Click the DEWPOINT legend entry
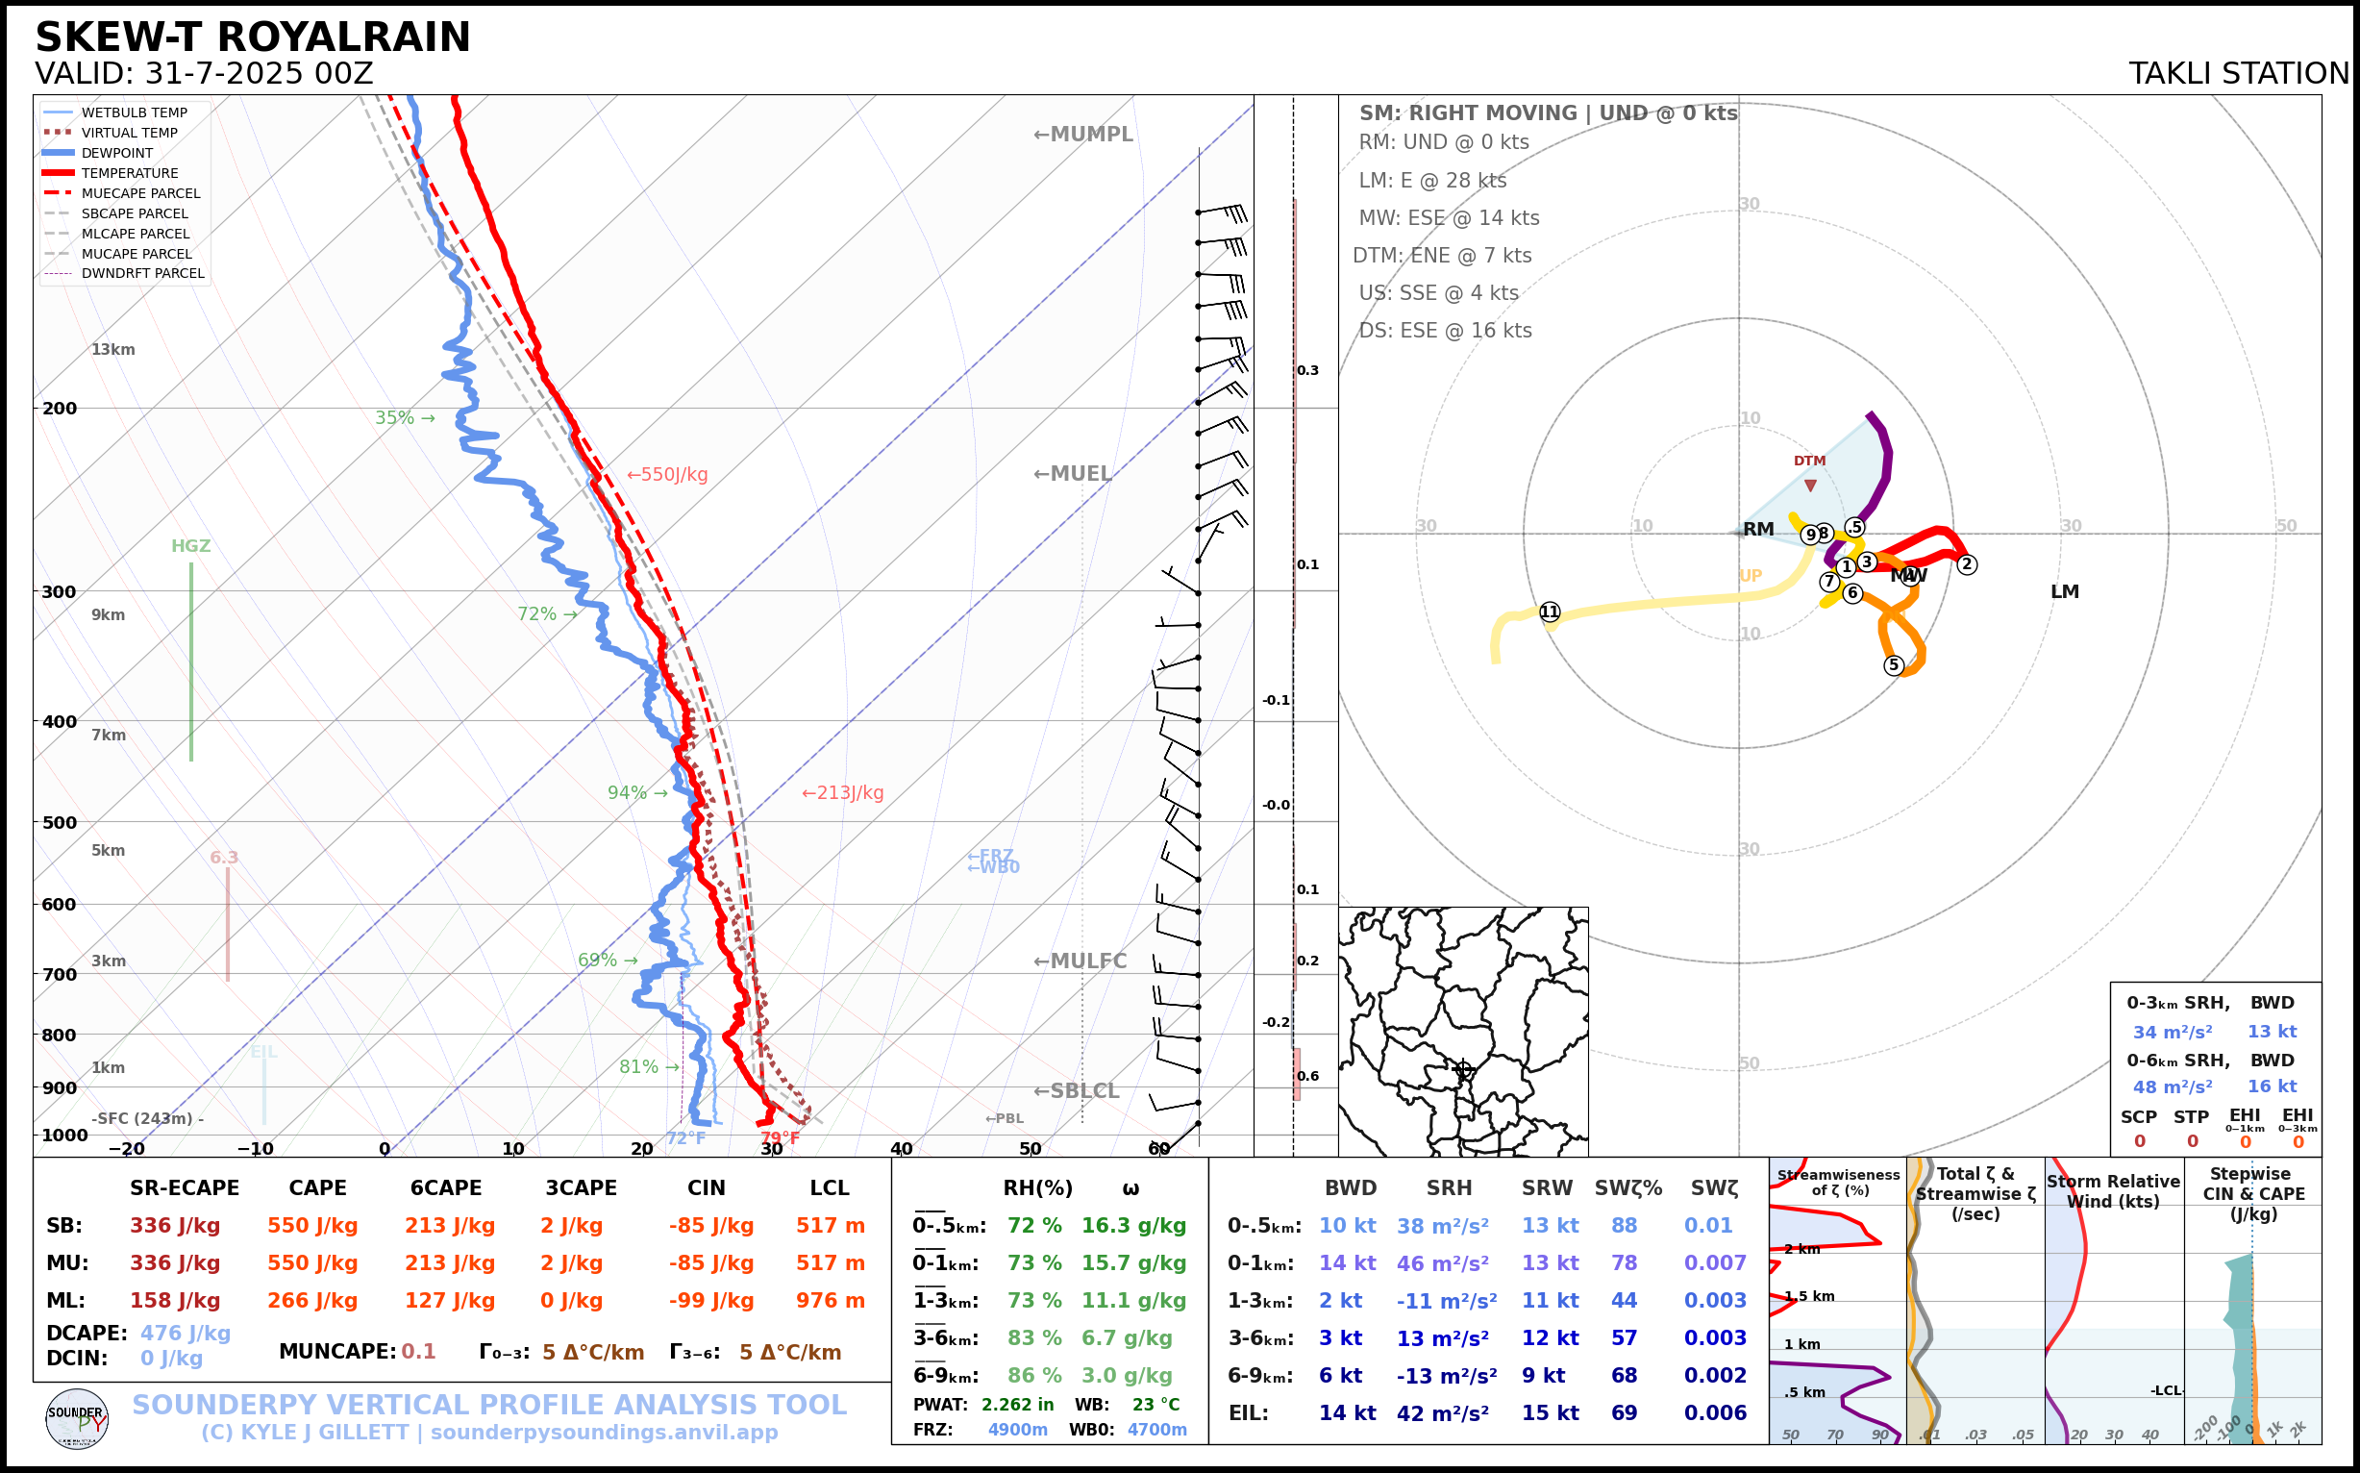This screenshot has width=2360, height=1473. (x=117, y=153)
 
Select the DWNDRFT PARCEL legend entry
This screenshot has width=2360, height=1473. (x=142, y=274)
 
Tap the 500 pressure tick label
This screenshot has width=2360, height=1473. (x=59, y=822)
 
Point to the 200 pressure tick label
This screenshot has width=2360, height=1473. (x=59, y=409)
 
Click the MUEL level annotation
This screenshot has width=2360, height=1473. (x=1073, y=473)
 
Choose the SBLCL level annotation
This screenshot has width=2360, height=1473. (x=1077, y=1091)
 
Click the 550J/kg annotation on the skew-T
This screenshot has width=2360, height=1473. (x=667, y=474)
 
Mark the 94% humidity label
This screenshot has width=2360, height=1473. (x=628, y=793)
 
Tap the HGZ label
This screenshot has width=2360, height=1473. (x=191, y=546)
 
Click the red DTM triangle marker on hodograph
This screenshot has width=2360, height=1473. (x=1810, y=486)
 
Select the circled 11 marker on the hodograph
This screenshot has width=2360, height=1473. (x=1550, y=612)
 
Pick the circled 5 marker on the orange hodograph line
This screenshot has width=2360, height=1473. (x=1894, y=665)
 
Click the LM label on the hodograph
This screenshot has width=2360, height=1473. (x=2065, y=591)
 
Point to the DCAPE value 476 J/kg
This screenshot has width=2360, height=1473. (x=186, y=1333)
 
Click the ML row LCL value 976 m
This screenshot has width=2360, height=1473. (x=830, y=1301)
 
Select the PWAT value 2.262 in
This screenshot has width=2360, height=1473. (x=1017, y=1405)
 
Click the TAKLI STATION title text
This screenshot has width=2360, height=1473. (x=2238, y=74)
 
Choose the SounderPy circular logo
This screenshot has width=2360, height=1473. (x=77, y=1419)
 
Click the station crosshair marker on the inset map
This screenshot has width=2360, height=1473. (x=1462, y=1069)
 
